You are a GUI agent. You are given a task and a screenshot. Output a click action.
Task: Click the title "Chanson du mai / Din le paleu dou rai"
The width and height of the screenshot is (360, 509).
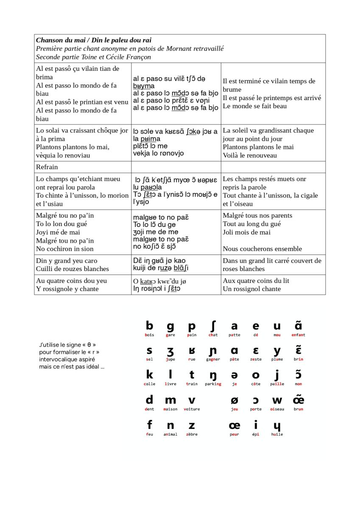94,40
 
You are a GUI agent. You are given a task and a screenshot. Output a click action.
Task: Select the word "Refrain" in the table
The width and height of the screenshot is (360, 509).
47,167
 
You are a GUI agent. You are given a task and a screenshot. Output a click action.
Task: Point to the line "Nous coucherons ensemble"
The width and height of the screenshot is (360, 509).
262,249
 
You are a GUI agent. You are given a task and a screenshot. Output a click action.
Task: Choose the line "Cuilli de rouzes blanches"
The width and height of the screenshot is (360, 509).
73,269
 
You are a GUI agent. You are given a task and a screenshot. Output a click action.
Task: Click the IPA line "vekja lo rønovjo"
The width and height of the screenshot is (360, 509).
159,154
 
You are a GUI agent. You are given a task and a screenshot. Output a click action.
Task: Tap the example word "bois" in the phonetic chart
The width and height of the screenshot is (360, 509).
149,335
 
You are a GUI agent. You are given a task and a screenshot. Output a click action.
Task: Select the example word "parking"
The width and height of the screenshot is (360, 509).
213,384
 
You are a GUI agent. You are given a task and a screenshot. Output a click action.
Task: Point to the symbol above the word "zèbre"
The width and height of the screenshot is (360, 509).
192,425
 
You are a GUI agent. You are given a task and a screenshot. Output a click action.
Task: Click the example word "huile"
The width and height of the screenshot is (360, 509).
277,434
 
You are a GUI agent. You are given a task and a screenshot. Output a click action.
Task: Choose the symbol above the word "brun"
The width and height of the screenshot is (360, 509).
299,400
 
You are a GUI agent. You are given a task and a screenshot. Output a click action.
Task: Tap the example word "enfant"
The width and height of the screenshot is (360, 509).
299,335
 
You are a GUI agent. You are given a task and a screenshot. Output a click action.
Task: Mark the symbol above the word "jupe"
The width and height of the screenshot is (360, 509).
170,351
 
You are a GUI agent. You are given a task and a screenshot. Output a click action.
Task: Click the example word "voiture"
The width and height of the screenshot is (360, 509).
192,409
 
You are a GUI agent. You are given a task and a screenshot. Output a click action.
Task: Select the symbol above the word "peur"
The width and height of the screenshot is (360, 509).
234,425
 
